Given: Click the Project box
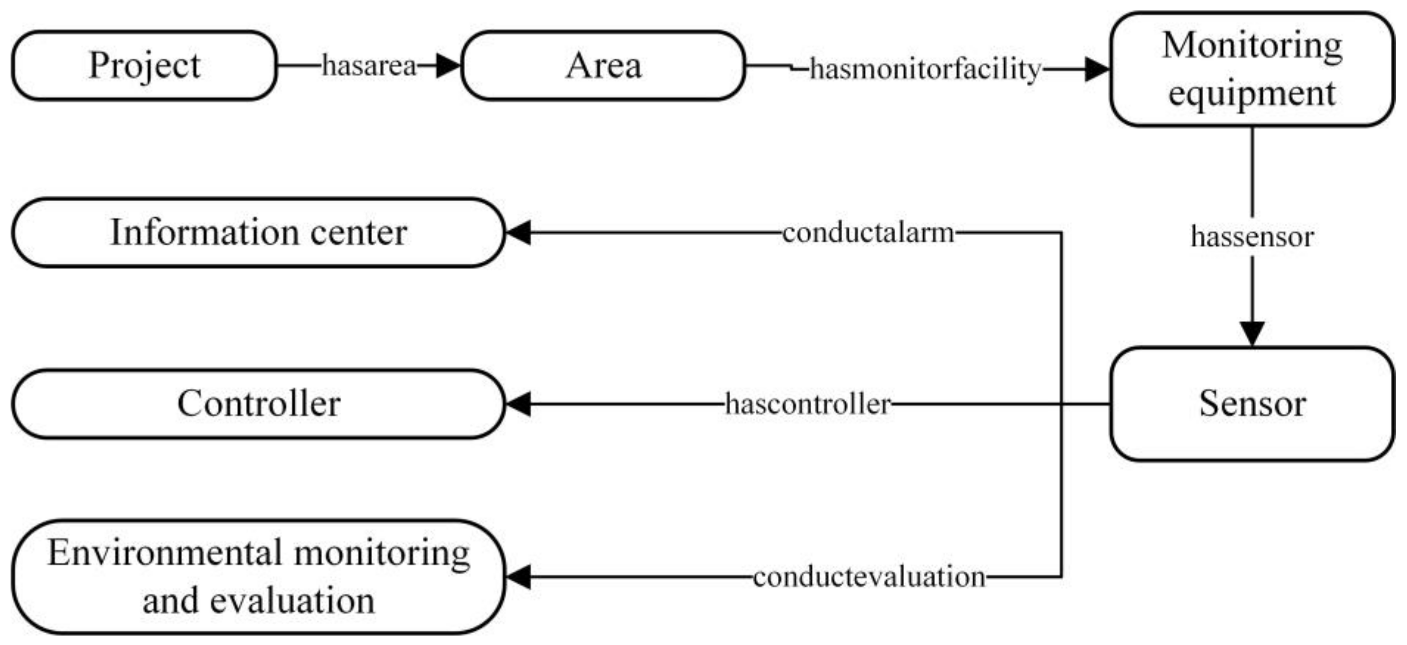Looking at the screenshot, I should tap(144, 66).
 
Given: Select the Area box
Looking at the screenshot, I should tap(603, 66).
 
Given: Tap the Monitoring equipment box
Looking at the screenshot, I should tap(1252, 69).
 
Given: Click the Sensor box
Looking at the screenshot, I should tap(1252, 404).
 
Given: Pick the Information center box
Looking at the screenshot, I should tap(258, 233).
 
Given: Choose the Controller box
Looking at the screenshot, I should tap(258, 404).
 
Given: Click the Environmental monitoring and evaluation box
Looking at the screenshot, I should tap(258, 577).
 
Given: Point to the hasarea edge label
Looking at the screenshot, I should tap(369, 66).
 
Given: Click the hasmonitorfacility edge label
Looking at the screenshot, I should tap(925, 70).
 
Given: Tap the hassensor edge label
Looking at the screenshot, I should tap(1252, 237).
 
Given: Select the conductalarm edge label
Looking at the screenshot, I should tap(868, 233).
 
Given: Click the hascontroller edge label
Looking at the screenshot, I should tap(808, 404).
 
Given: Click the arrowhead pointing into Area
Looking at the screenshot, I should tap(449, 66).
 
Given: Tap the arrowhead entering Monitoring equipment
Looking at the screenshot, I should tap(1097, 70).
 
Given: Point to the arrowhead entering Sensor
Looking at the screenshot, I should tap(1252, 333).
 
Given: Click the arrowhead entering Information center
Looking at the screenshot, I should tap(518, 233).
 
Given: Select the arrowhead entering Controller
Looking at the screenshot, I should tap(518, 404).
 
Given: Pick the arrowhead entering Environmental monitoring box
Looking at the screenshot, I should tap(518, 577).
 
